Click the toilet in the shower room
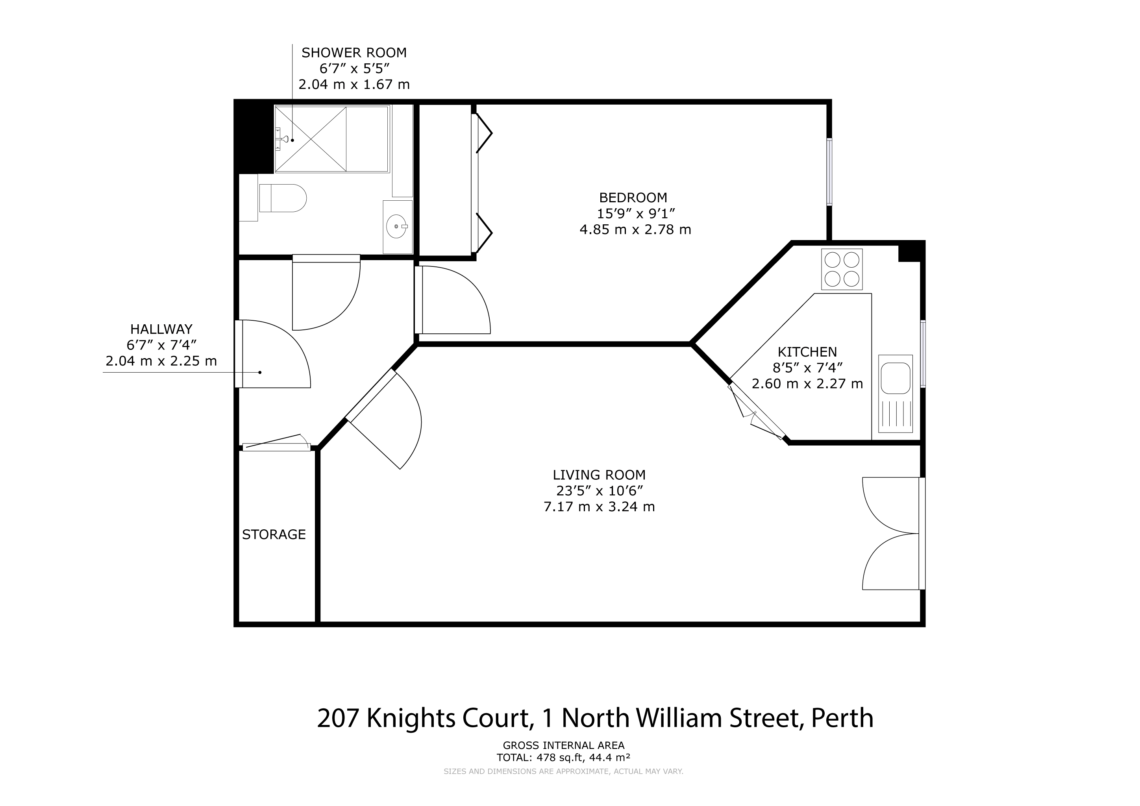(x=283, y=198)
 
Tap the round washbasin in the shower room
(x=397, y=226)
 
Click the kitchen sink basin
(x=895, y=378)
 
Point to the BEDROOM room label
(x=633, y=198)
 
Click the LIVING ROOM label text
(x=599, y=475)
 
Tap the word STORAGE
(x=274, y=534)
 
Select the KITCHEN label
(x=807, y=352)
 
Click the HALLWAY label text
(x=161, y=329)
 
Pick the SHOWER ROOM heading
(x=354, y=53)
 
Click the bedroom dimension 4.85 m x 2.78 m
(x=635, y=230)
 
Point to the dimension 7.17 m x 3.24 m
(x=599, y=507)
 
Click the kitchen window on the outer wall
(x=923, y=353)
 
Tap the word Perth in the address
(x=842, y=718)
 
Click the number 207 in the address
(x=338, y=718)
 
